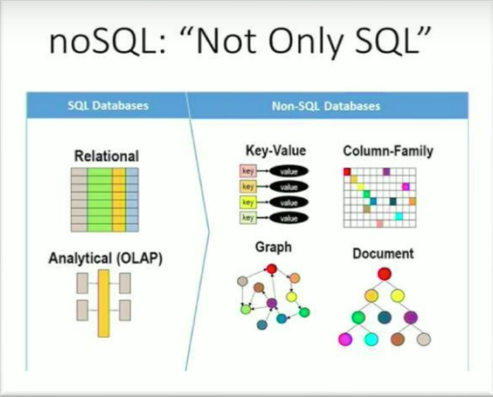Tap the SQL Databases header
click(108, 106)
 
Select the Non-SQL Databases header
click(326, 106)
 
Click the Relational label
click(106, 156)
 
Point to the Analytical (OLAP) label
click(106, 258)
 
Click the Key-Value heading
click(275, 151)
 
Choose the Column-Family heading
click(388, 151)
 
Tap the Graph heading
click(273, 247)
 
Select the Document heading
click(383, 254)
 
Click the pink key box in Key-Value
click(248, 171)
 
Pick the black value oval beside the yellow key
click(289, 202)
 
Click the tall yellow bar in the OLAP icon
click(104, 303)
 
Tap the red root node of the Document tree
click(384, 274)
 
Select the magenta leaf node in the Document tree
click(345, 339)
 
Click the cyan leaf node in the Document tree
click(371, 339)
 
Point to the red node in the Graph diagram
click(272, 269)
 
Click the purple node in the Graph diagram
click(272, 303)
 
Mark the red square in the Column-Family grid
click(347, 172)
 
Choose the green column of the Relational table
click(99, 200)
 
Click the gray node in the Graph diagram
click(242, 281)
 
